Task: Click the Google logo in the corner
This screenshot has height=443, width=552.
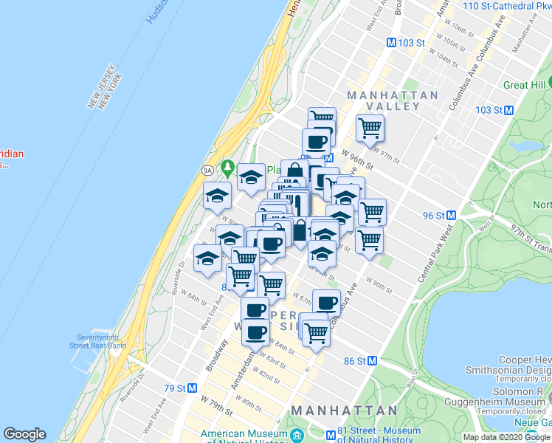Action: coord(24,434)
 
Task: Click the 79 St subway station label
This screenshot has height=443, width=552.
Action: coord(179,388)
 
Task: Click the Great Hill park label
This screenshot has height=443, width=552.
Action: coord(525,85)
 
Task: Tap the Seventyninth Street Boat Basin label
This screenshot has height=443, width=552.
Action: coord(97,341)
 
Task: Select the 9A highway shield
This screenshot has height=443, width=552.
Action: coord(209,170)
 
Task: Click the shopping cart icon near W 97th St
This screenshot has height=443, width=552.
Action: coord(370,127)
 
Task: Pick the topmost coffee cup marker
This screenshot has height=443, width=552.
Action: coord(316,141)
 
